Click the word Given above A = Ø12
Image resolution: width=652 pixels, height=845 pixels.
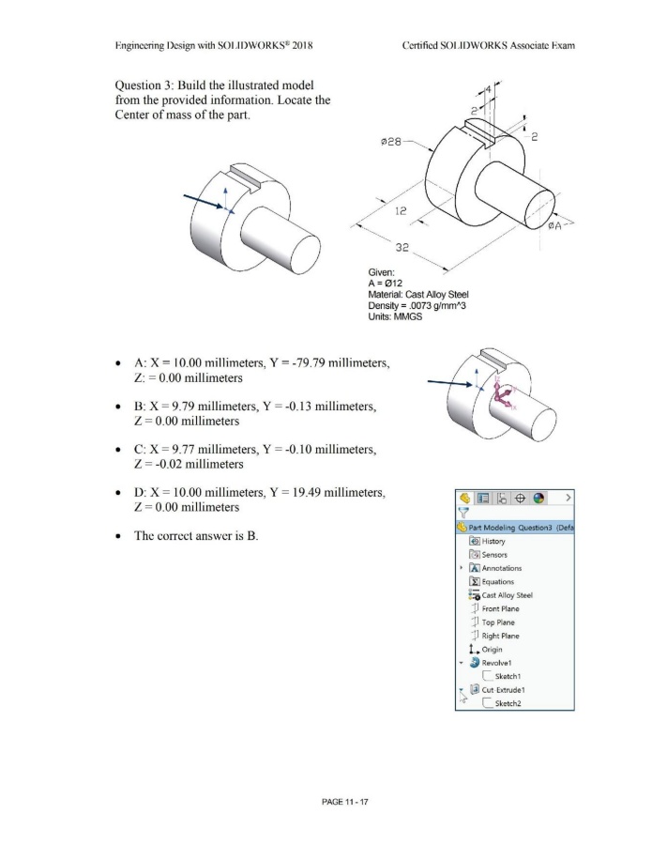coord(387,277)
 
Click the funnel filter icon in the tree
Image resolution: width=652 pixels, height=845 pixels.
coord(462,513)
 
